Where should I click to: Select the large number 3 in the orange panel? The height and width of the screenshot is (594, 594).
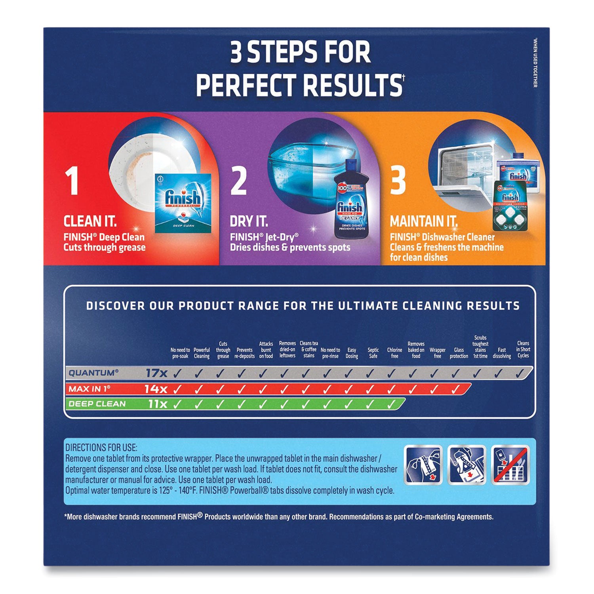pyautogui.click(x=398, y=181)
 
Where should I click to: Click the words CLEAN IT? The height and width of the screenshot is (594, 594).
pyautogui.click(x=90, y=221)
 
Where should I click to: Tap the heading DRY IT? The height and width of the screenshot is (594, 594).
pyautogui.click(x=249, y=221)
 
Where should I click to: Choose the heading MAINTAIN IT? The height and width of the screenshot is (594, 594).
pyautogui.click(x=423, y=221)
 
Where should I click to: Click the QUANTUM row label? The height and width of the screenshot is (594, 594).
pyautogui.click(x=93, y=373)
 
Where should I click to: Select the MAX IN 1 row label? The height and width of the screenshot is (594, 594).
pyautogui.click(x=89, y=389)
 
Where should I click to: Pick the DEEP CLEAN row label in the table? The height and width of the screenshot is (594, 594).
pyautogui.click(x=97, y=404)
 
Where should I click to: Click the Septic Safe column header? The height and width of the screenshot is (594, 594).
pyautogui.click(x=373, y=353)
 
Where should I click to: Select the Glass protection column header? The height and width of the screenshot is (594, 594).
pyautogui.click(x=459, y=353)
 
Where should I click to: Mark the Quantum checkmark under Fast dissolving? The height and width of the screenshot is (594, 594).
pyautogui.click(x=498, y=373)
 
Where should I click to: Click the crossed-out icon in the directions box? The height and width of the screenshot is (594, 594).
pyautogui.click(x=510, y=465)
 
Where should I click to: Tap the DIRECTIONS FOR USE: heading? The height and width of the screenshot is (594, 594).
pyautogui.click(x=101, y=448)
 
